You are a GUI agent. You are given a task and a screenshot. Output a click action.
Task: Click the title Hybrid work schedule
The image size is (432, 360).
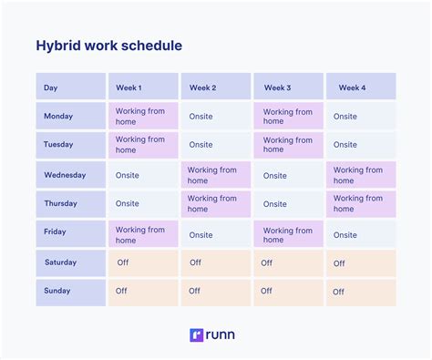click(108, 46)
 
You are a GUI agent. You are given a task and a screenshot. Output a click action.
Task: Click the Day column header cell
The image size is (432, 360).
click(70, 87)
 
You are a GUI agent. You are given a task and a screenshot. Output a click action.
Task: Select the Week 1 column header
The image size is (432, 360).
click(142, 87)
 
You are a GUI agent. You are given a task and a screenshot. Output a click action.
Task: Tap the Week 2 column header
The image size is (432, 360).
click(215, 87)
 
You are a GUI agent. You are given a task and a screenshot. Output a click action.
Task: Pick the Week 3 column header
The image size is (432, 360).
click(288, 87)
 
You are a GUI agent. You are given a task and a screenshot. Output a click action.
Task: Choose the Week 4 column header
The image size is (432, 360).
click(361, 87)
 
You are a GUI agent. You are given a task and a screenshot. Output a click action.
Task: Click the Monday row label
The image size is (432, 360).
click(70, 116)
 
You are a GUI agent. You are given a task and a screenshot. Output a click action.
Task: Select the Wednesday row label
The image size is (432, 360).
click(70, 175)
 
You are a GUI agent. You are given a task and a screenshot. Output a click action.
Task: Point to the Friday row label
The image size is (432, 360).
click(70, 232)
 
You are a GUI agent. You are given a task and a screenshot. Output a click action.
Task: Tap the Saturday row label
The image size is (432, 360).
click(70, 262)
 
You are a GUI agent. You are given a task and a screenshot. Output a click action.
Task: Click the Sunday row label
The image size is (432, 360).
click(70, 292)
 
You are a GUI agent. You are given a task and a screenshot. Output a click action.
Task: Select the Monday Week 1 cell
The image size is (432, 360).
click(142, 116)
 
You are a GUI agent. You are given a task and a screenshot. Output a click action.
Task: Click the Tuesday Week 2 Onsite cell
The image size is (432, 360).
click(215, 145)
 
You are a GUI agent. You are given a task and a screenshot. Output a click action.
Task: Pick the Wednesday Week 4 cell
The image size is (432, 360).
click(361, 175)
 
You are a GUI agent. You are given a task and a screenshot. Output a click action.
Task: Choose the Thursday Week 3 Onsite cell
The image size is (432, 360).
click(288, 204)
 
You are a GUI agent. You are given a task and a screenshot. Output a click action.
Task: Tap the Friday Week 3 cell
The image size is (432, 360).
click(288, 234)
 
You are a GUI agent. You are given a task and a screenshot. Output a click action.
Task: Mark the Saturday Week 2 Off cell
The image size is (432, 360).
click(215, 262)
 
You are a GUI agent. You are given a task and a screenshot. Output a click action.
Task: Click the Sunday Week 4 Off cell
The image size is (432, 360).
click(361, 292)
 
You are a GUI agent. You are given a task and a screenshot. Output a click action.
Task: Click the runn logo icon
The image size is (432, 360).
click(195, 334)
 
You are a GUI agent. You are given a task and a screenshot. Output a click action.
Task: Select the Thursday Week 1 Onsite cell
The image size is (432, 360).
click(142, 204)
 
